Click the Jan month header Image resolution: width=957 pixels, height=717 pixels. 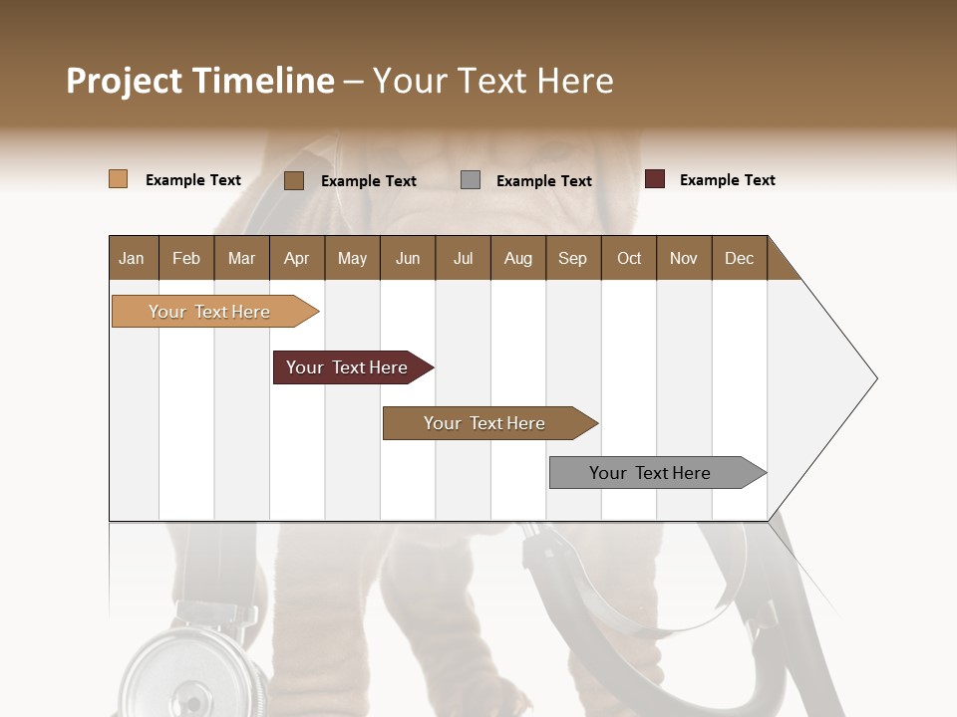[x=133, y=258]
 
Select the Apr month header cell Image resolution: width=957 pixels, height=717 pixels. [x=297, y=258]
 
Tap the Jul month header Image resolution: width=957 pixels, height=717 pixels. [x=463, y=258]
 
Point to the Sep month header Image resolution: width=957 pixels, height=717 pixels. [x=572, y=258]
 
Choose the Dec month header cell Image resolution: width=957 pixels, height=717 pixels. [x=739, y=258]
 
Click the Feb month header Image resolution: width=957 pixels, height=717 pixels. [x=186, y=258]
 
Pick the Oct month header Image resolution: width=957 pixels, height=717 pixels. [x=629, y=258]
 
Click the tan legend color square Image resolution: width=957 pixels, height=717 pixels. [x=118, y=179]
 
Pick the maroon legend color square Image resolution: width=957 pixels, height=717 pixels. [x=654, y=179]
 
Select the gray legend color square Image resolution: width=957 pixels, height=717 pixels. [x=471, y=180]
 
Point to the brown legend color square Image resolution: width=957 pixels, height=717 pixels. [x=294, y=180]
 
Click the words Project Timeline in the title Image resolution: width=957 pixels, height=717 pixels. [x=199, y=81]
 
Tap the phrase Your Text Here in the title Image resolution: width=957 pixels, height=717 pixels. [x=492, y=81]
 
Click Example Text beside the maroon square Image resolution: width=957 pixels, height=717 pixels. [x=727, y=180]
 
